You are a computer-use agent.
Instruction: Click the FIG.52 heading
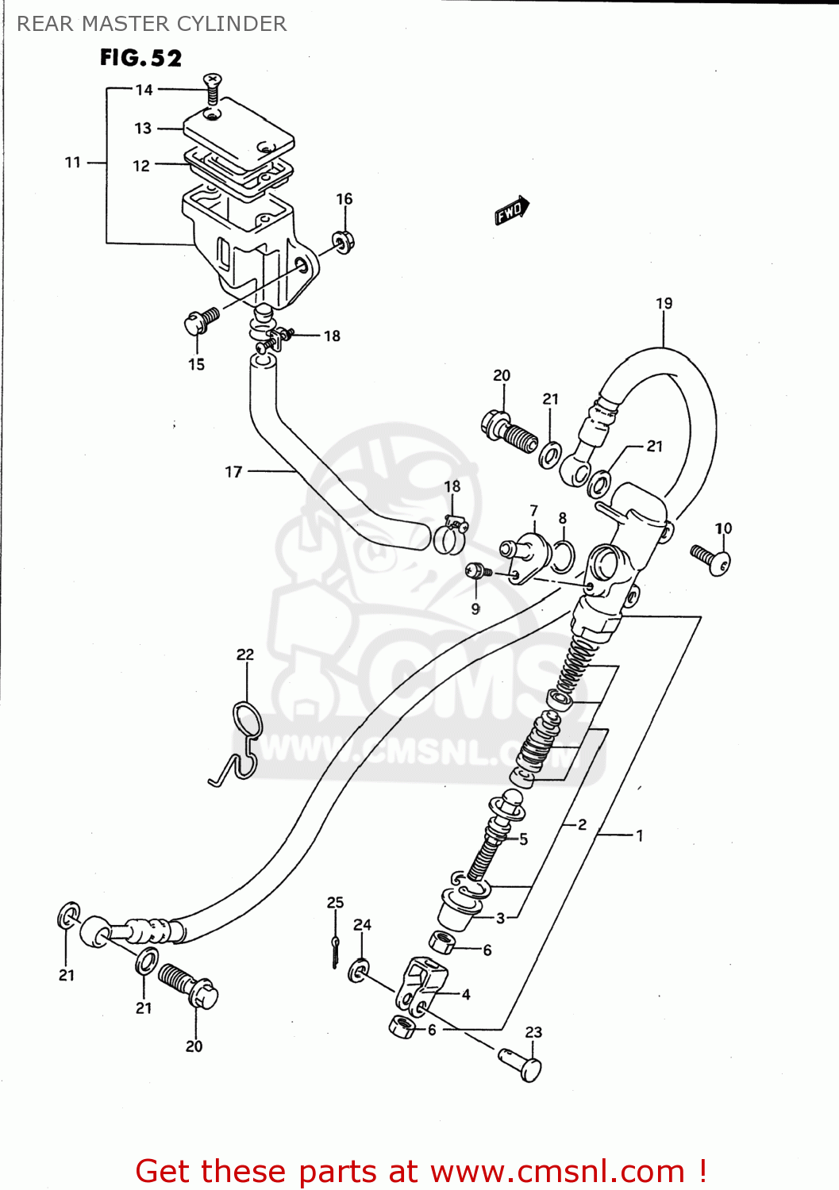tap(140, 58)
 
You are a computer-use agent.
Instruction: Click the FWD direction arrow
tap(511, 211)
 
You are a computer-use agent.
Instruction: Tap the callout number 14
tap(144, 90)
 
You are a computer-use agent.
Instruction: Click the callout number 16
tap(344, 199)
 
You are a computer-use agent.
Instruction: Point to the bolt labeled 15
tap(201, 321)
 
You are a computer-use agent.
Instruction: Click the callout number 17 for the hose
tap(233, 472)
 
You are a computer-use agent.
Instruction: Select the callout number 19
tap(664, 303)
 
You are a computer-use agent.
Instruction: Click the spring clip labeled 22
tap(244, 738)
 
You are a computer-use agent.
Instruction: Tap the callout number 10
tap(723, 528)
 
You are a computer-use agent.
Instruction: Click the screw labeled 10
tap(711, 559)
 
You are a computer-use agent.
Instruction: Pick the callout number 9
tap(475, 609)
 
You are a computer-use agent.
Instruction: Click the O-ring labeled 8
tap(562, 555)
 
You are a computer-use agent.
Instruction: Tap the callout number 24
tap(362, 925)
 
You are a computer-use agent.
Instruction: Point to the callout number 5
tap(523, 839)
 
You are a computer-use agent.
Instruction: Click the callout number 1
tap(639, 835)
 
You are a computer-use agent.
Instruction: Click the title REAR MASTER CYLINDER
tap(152, 24)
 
